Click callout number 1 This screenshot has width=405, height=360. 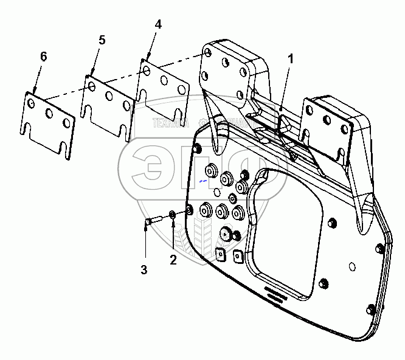[x=291, y=59]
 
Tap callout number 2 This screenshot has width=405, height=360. [x=173, y=260]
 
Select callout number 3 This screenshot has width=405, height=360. [x=145, y=269]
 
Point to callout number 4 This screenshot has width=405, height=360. [x=158, y=25]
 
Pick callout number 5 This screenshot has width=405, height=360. [x=102, y=40]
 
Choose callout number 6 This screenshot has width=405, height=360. [x=43, y=56]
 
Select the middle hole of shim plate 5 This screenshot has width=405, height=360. [x=108, y=95]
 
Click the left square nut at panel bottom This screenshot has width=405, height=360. [x=220, y=254]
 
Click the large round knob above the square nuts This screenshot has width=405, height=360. [x=226, y=232]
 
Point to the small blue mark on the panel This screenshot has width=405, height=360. [x=204, y=181]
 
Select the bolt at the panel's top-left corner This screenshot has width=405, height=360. [x=196, y=148]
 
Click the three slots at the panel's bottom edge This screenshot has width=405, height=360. [x=279, y=296]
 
